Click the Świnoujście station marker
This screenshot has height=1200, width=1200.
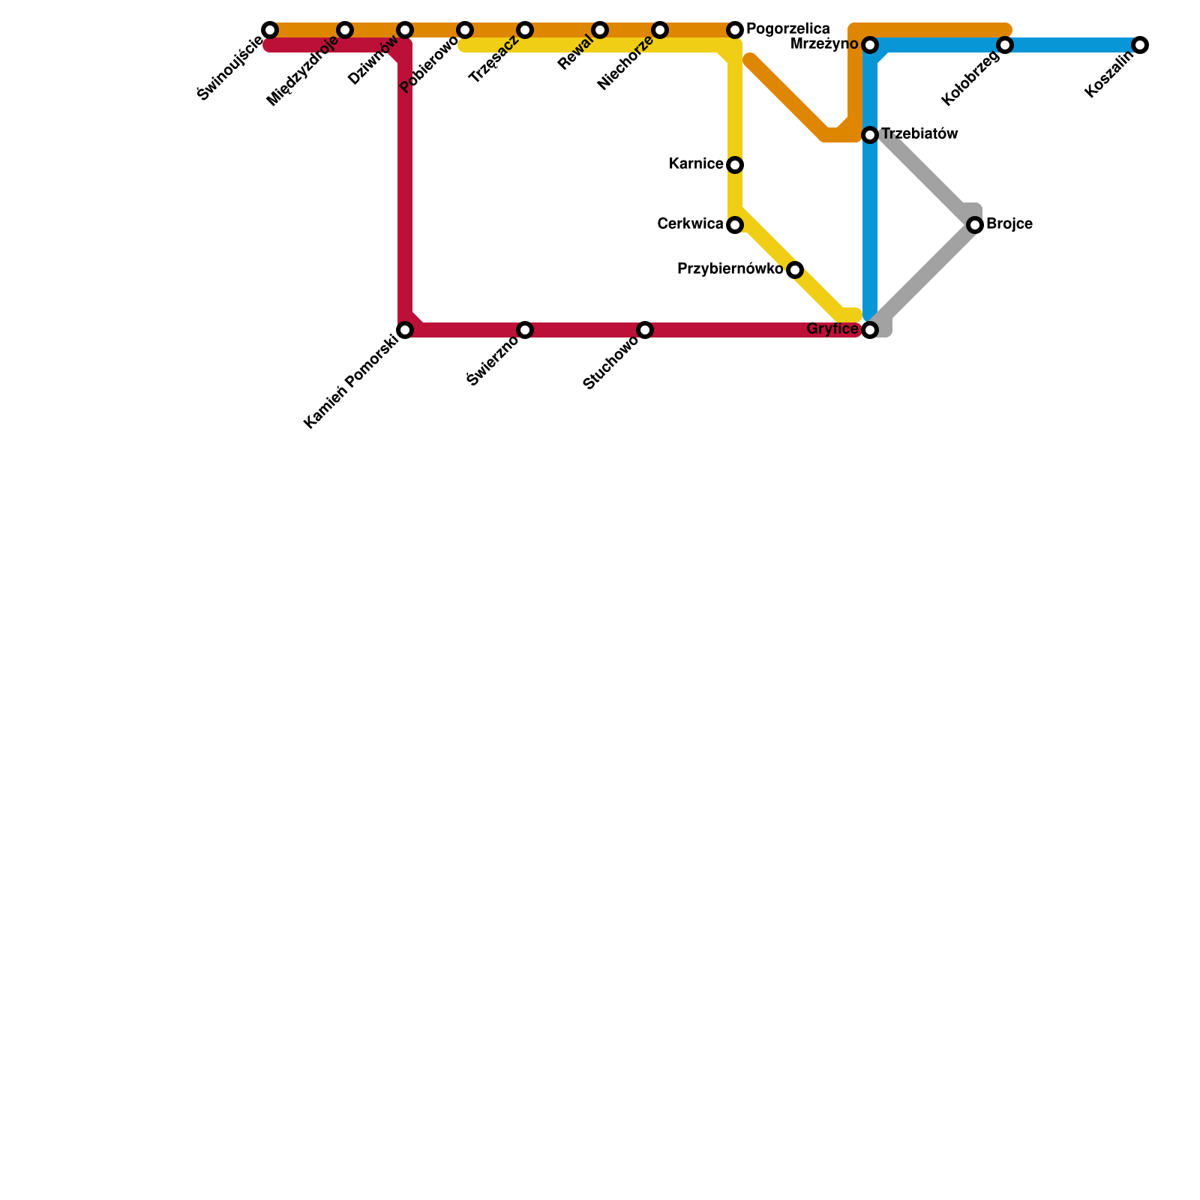(x=270, y=30)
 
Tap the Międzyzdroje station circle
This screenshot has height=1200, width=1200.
(x=345, y=30)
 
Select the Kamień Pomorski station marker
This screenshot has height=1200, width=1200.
(x=405, y=330)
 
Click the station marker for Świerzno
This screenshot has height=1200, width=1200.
(x=525, y=330)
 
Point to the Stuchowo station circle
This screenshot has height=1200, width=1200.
(x=645, y=330)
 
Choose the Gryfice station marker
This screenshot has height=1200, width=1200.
(x=870, y=330)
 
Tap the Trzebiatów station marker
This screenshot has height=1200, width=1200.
(x=870, y=135)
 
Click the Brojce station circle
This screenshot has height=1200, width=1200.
(x=975, y=225)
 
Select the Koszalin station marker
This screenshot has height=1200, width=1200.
(x=1140, y=45)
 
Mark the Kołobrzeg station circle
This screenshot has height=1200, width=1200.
(x=1005, y=45)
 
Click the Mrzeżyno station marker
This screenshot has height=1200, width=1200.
(x=870, y=45)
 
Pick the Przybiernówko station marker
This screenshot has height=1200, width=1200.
(x=795, y=270)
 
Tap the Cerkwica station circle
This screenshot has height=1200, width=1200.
(x=735, y=225)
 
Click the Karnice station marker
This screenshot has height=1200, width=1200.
(x=735, y=165)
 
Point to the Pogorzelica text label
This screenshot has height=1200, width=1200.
(x=788, y=29)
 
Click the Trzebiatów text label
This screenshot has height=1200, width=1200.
(x=919, y=134)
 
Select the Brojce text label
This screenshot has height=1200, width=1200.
(x=1009, y=224)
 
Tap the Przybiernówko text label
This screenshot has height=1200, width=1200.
(x=730, y=269)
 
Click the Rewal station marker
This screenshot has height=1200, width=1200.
(x=600, y=30)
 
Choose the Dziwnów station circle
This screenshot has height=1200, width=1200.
(x=405, y=30)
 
